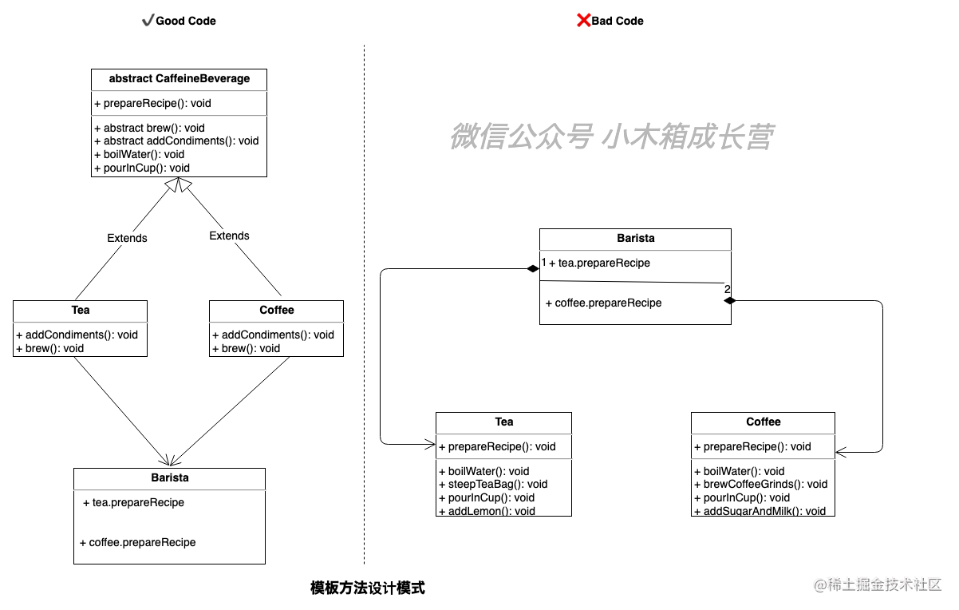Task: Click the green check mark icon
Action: coord(148,21)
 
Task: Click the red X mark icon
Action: coord(584,20)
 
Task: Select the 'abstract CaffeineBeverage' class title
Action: coord(180,79)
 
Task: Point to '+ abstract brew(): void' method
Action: coord(149,128)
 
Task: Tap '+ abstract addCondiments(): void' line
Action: coord(176,141)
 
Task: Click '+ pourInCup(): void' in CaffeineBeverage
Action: coord(142,168)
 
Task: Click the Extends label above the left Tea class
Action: coord(128,238)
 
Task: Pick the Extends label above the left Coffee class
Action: coord(229,236)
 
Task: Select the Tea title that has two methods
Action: coord(81,311)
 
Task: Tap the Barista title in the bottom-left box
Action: coord(170,478)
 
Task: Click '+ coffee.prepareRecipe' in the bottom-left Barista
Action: coord(137,543)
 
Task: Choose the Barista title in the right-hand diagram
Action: coord(636,239)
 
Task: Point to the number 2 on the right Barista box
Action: coord(728,290)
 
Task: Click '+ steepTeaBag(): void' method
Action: coord(493,485)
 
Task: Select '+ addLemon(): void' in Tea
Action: coord(487,511)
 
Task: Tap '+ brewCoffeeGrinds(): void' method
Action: coord(760,485)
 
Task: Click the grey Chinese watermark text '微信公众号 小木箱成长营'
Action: coord(612,137)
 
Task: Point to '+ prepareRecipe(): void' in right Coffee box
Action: coord(752,447)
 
